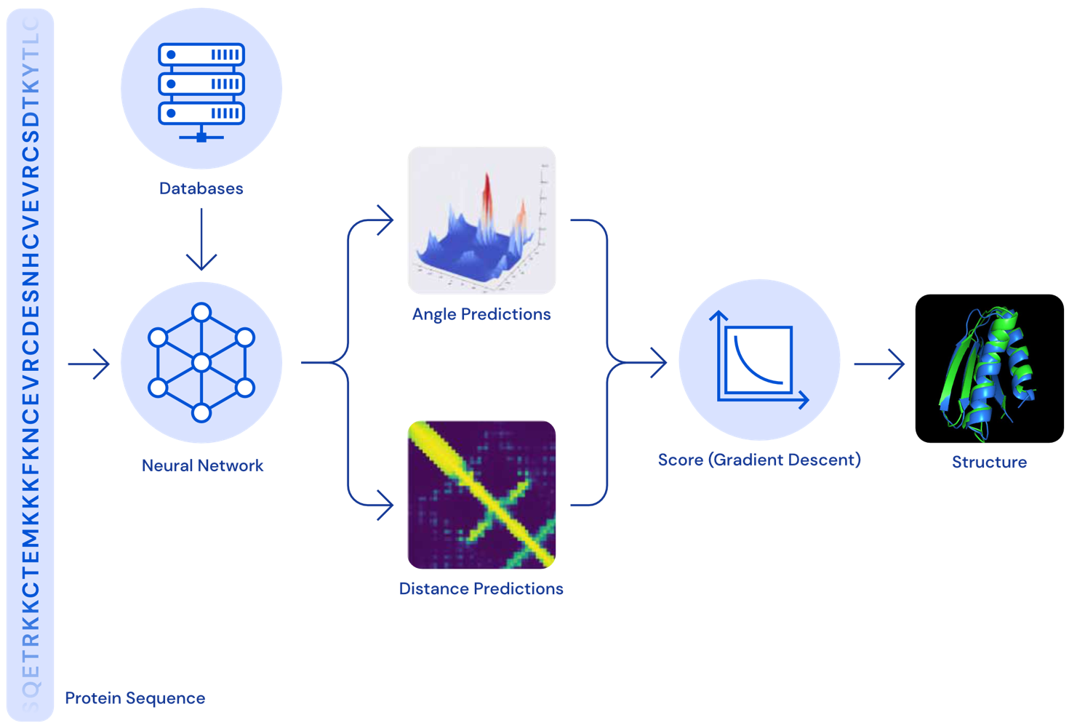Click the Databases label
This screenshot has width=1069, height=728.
(x=201, y=188)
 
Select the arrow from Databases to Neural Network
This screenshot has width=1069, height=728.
(x=201, y=240)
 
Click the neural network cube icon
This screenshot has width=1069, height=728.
(x=201, y=362)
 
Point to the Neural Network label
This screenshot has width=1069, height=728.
(x=203, y=465)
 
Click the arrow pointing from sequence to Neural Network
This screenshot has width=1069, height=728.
(x=89, y=363)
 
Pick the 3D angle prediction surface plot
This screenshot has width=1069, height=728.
(x=481, y=220)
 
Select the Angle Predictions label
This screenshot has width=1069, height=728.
(x=481, y=314)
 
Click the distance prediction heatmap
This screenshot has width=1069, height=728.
(x=481, y=494)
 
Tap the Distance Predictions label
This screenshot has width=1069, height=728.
(x=481, y=588)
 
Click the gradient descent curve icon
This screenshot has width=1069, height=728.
(x=760, y=361)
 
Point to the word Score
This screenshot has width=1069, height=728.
(x=681, y=460)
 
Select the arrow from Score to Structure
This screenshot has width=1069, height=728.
(x=880, y=363)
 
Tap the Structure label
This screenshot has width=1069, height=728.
(x=989, y=462)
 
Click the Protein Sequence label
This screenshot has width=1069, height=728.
(x=135, y=698)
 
